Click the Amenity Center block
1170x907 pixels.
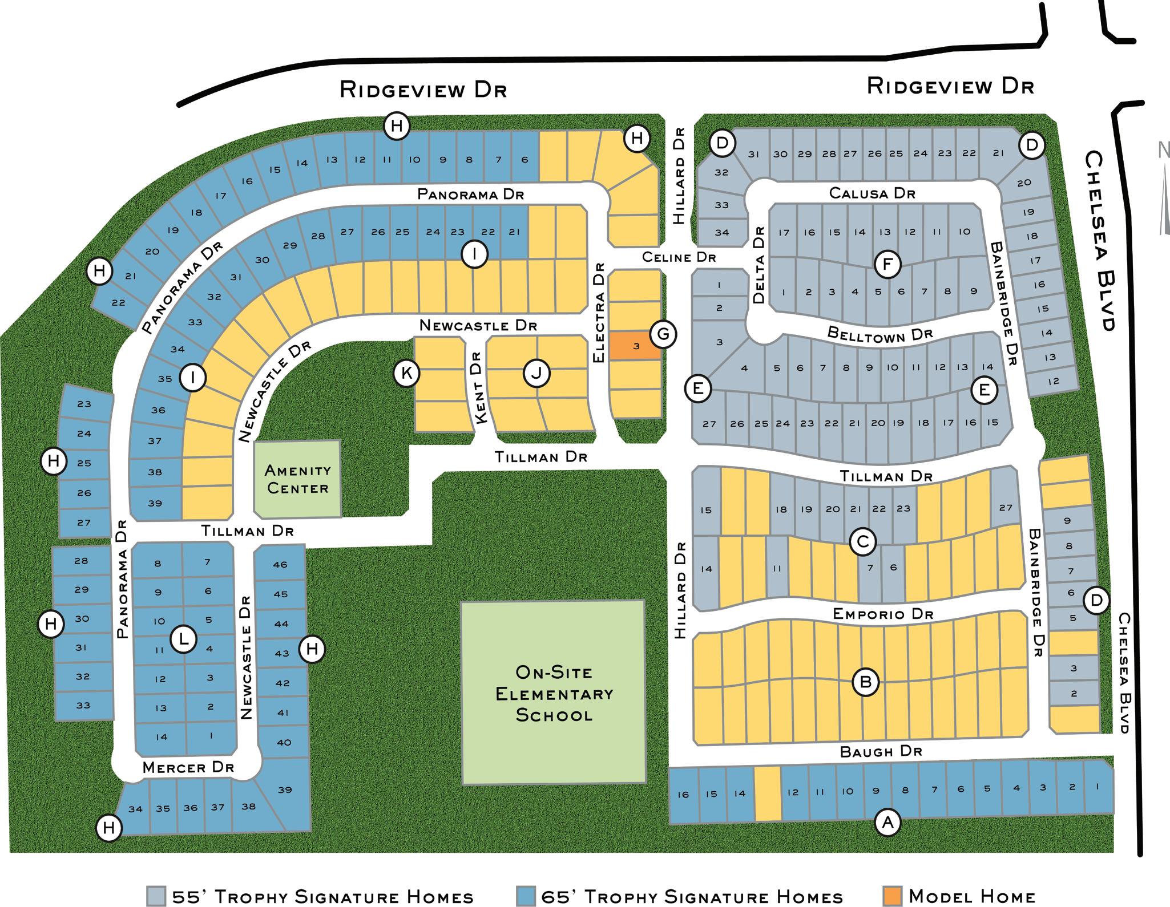[297, 479]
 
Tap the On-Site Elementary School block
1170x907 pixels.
[553, 693]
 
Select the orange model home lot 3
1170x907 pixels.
[635, 346]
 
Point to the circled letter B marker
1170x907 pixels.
[865, 682]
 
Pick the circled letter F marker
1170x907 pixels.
[887, 264]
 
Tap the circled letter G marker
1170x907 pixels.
[663, 334]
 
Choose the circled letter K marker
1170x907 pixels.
[407, 373]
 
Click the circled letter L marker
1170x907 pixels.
[184, 639]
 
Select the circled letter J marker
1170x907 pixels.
[536, 374]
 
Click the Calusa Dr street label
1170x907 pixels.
[872, 193]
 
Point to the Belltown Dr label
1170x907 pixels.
[879, 334]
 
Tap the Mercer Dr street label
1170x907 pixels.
[188, 767]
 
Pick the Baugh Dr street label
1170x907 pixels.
[881, 752]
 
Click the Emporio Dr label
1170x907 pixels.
[882, 614]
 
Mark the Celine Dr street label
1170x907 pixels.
[679, 257]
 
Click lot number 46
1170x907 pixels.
[280, 565]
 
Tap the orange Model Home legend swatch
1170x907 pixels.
[892, 896]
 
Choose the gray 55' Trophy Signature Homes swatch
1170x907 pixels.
[156, 896]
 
